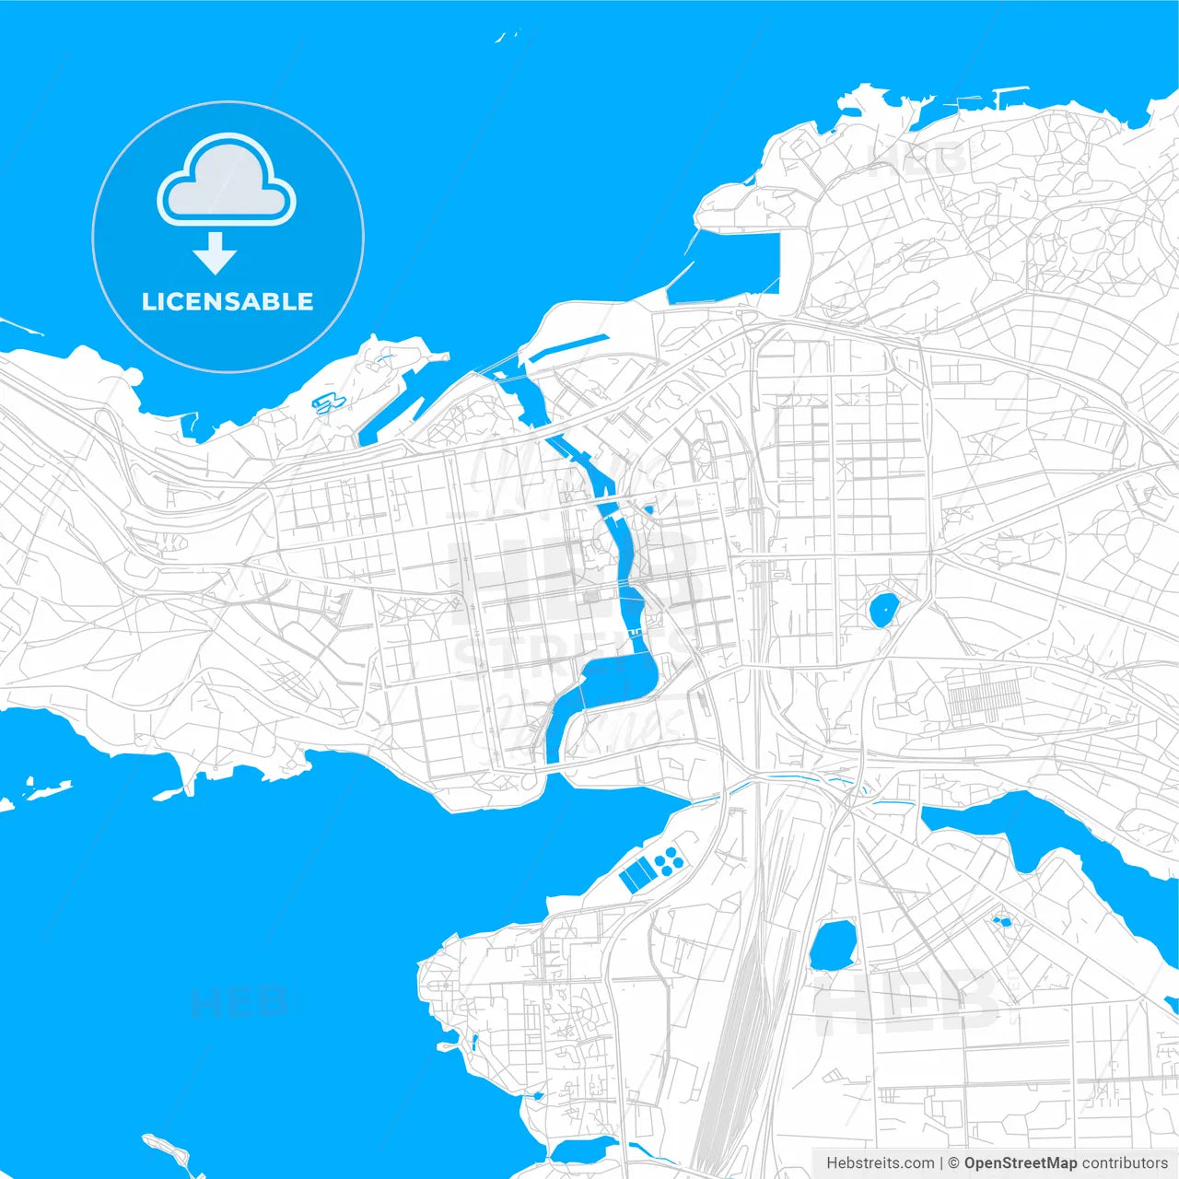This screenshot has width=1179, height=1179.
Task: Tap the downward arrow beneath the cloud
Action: pyautogui.click(x=216, y=253)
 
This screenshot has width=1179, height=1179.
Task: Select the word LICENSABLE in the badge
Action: pyautogui.click(x=228, y=301)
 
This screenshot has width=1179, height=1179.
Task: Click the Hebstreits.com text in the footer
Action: pyautogui.click(x=881, y=1163)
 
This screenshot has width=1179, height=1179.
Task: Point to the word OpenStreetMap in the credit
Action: pyautogui.click(x=1020, y=1163)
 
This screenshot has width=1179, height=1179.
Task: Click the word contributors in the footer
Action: pyautogui.click(x=1124, y=1163)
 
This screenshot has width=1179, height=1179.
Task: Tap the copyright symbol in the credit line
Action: pyautogui.click(x=953, y=1163)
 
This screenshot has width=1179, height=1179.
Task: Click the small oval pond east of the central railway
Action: pyautogui.click(x=884, y=609)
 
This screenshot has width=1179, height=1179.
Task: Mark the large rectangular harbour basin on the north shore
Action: pyautogui.click(x=737, y=263)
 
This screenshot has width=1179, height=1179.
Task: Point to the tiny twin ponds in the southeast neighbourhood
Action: pyautogui.click(x=1001, y=920)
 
